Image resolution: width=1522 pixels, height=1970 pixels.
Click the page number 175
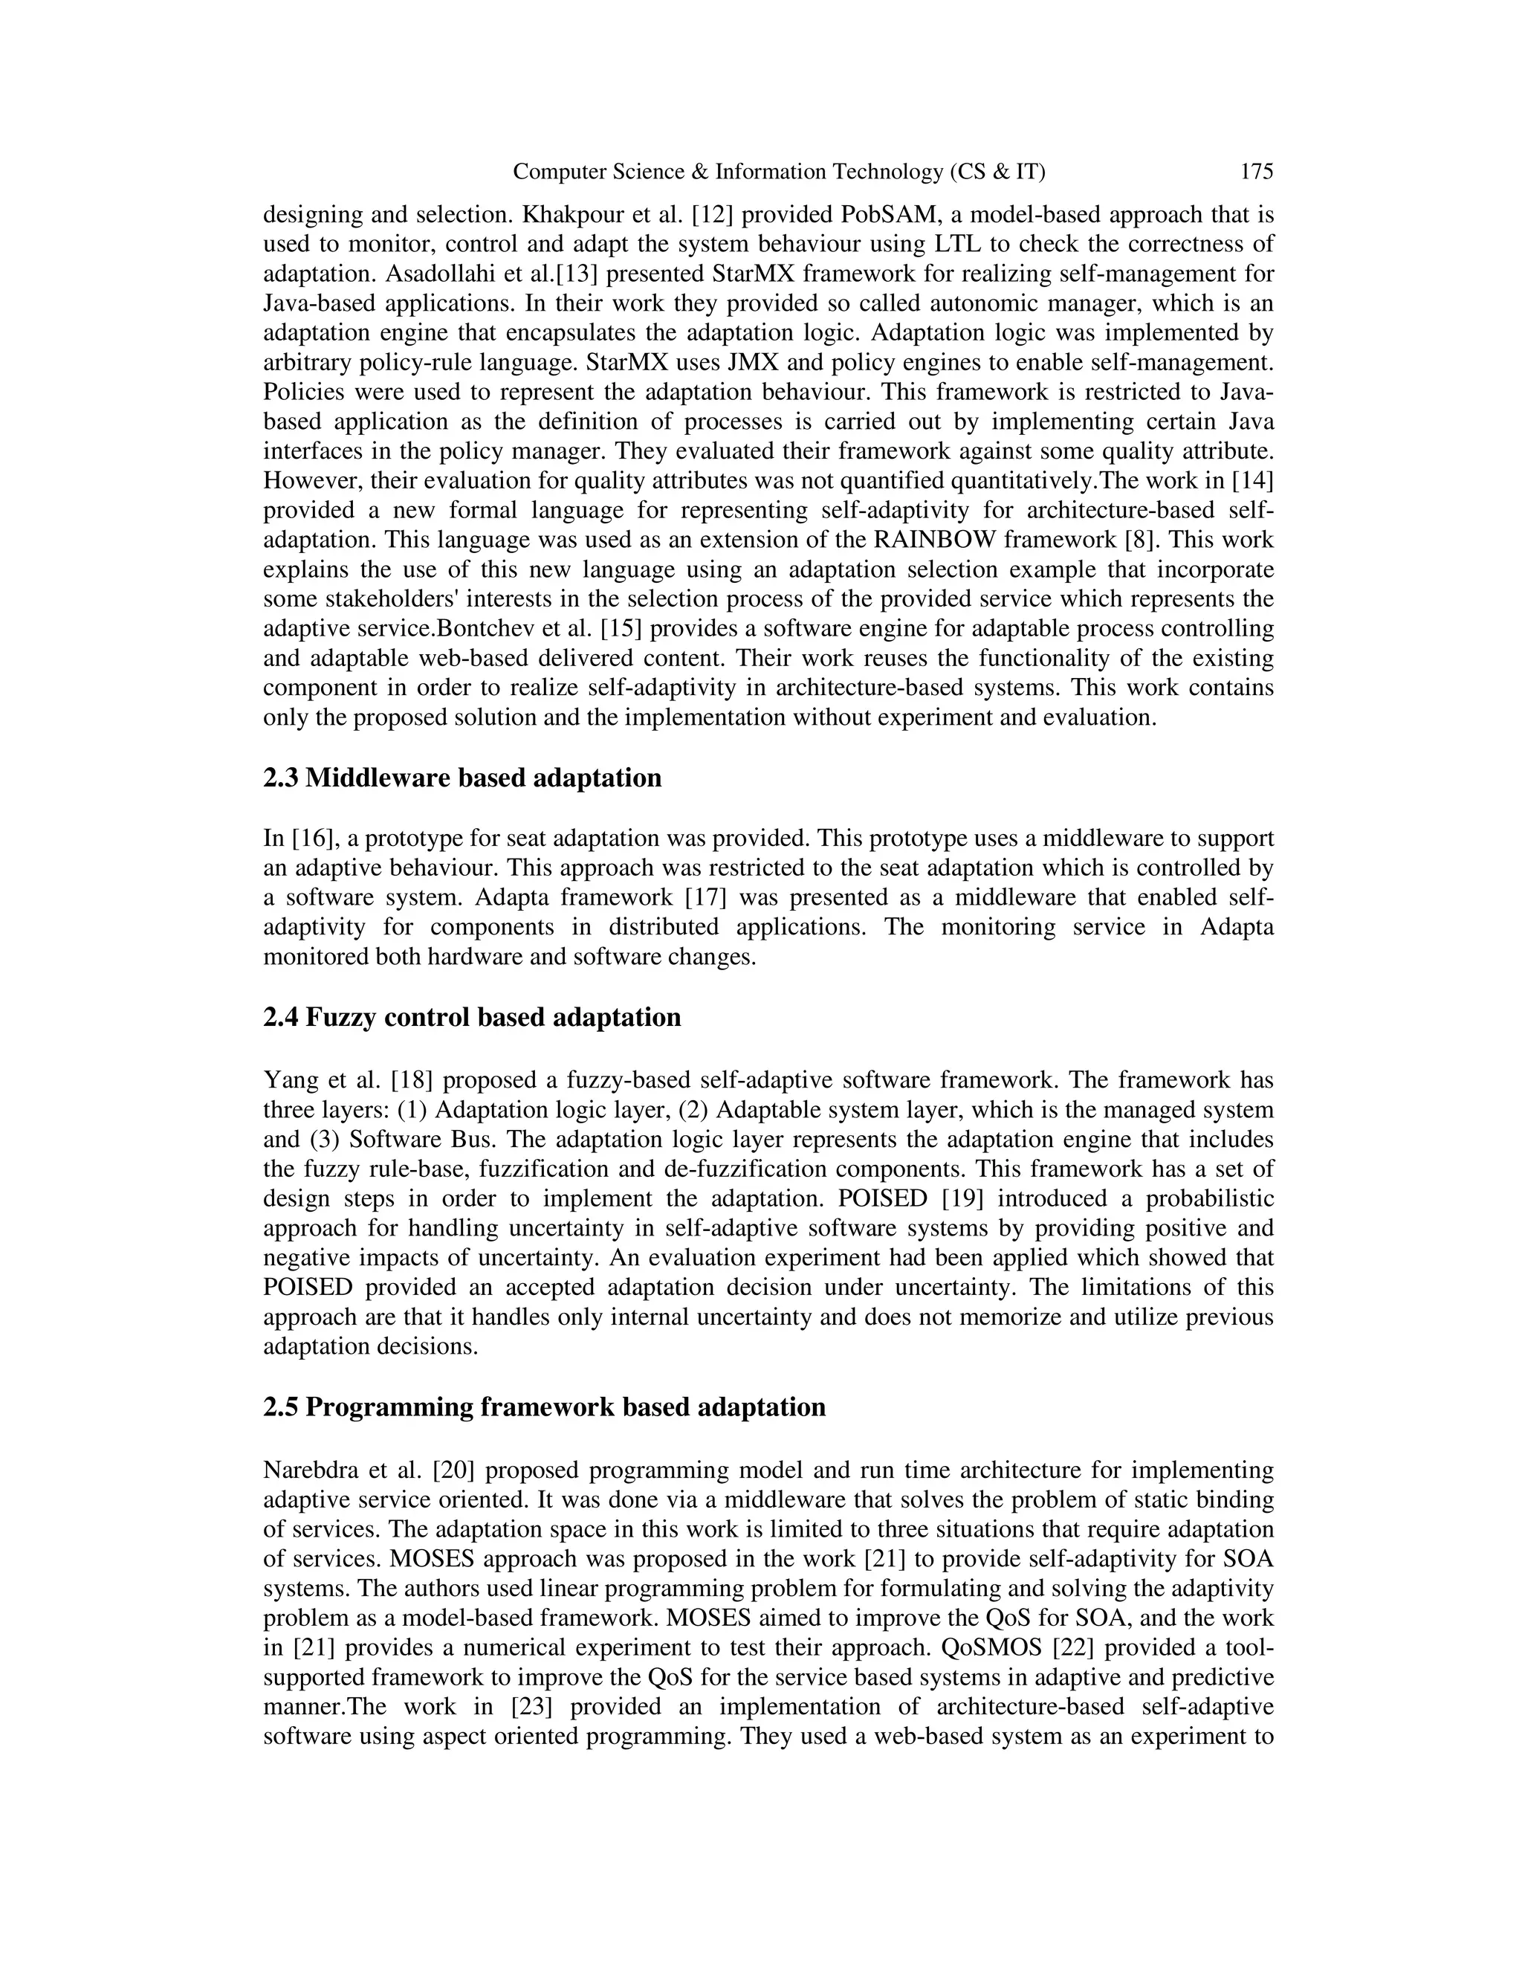1256,172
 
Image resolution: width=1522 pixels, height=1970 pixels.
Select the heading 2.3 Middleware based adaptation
462,778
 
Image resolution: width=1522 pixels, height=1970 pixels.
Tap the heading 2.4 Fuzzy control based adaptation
472,1018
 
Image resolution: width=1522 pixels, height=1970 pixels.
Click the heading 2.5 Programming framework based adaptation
544,1407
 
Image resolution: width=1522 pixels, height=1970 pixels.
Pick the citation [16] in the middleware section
312,839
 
